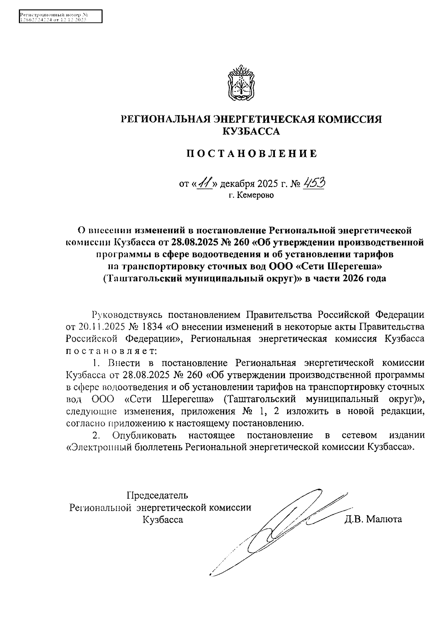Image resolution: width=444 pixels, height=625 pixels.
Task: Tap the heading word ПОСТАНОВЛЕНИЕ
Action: [251, 154]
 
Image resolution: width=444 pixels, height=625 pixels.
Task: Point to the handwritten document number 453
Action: [314, 182]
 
